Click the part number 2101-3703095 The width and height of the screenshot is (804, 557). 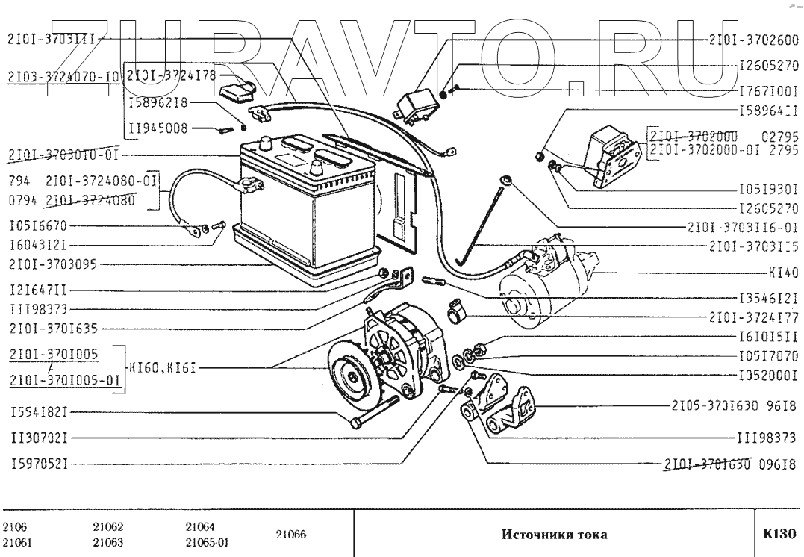53,264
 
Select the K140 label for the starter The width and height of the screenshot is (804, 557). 784,272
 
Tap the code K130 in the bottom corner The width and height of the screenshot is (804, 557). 779,535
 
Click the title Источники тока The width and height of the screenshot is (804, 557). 554,535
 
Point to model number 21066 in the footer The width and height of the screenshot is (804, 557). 291,535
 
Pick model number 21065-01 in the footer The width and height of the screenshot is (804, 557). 207,543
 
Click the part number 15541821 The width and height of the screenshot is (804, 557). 39,411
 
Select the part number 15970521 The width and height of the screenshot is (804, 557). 39,464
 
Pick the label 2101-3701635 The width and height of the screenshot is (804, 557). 53,327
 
